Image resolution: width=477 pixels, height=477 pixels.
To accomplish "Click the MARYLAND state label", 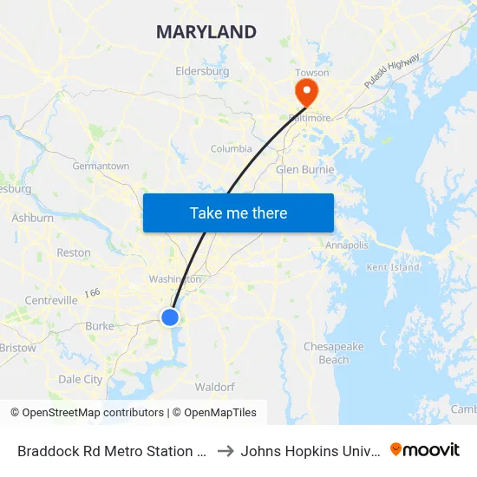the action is click(206, 32).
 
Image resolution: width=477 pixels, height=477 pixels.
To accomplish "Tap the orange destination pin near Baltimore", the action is click(306, 91).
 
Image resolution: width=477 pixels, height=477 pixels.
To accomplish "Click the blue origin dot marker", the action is click(170, 317).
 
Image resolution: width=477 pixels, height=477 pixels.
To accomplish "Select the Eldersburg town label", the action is click(202, 71).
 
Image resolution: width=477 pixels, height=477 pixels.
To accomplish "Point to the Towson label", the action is click(312, 73).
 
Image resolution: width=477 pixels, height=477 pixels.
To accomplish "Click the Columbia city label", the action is click(232, 148).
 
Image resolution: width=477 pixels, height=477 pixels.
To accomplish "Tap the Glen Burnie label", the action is click(305, 169).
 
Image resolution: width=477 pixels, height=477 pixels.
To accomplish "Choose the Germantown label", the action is click(101, 166).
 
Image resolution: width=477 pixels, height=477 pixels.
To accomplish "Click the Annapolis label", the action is click(347, 245).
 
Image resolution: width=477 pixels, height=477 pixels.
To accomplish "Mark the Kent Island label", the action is click(389, 267).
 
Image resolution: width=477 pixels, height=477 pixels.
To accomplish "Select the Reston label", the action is click(74, 253).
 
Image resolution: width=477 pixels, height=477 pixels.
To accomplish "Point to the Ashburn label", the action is click(33, 219).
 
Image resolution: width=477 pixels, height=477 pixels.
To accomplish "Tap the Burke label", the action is click(100, 326).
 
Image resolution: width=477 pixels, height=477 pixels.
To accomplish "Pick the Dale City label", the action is click(80, 379).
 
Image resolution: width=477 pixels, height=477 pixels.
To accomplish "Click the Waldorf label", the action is click(214, 386).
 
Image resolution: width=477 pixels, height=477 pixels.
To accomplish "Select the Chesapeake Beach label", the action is click(334, 353).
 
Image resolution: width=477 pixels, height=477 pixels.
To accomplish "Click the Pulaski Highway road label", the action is click(392, 70).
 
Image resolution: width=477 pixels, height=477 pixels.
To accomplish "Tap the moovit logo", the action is click(425, 450).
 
